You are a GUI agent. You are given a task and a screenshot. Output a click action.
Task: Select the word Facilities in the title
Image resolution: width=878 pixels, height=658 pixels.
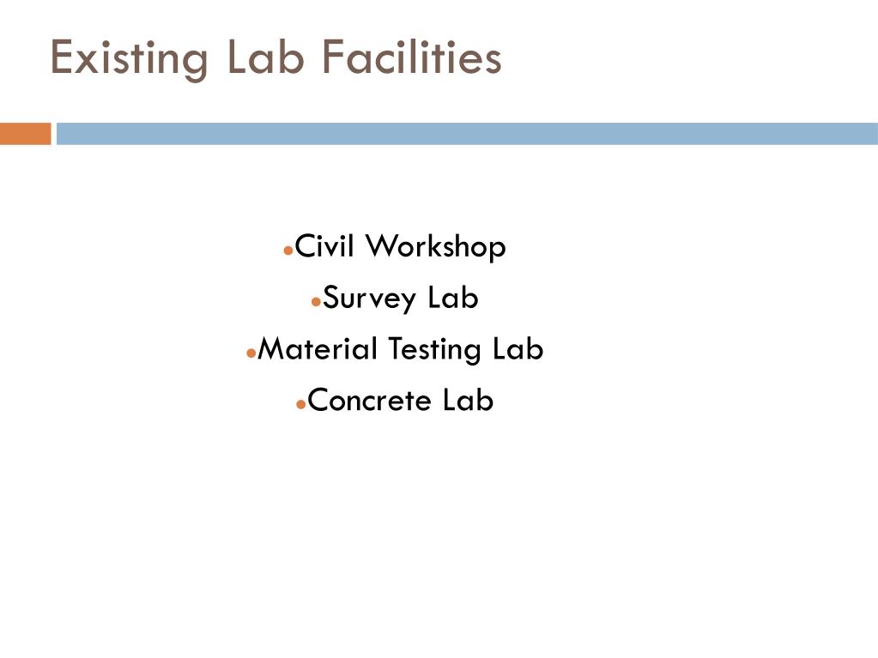(x=412, y=57)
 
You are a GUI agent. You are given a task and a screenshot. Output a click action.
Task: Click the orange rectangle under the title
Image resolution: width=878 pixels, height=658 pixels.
(x=26, y=134)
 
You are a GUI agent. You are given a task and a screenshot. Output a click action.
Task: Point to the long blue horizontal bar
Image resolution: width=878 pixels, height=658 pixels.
(x=467, y=134)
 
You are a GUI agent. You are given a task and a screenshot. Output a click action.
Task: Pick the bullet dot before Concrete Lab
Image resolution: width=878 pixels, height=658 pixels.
(x=300, y=403)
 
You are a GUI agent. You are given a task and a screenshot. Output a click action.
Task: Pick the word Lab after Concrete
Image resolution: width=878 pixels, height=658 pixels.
(x=469, y=400)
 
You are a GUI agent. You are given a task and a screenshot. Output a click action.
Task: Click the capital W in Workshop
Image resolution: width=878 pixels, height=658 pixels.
(x=381, y=247)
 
